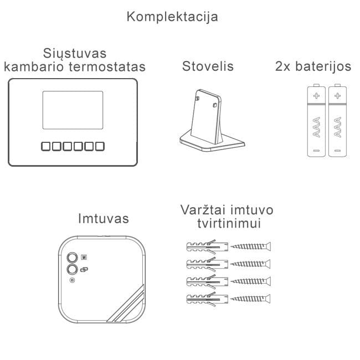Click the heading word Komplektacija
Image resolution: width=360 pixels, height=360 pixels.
tap(172, 17)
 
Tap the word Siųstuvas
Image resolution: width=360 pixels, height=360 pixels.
tap(75, 54)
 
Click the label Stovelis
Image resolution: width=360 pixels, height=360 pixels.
tap(208, 66)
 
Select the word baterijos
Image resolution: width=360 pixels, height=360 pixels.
tap(323, 66)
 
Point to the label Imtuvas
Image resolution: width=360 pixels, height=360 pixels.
tap(104, 218)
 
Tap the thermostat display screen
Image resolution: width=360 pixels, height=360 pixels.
tap(73, 110)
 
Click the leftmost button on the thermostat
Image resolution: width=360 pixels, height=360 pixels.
tap(45, 146)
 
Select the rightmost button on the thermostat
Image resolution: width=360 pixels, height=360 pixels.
tap(100, 146)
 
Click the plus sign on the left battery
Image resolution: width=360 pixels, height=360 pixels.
tap(316, 95)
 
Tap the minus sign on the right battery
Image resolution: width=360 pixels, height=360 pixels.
tap(337, 151)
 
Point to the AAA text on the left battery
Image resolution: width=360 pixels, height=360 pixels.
tap(317, 127)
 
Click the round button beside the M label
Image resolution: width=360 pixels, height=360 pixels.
tap(73, 258)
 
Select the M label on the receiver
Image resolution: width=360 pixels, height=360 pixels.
tap(84, 258)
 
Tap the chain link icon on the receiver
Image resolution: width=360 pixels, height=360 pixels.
tap(84, 269)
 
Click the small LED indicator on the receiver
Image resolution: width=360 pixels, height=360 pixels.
tap(73, 280)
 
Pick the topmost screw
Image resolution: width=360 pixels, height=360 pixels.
tap(251, 246)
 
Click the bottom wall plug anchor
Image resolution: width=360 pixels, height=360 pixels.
tap(207, 299)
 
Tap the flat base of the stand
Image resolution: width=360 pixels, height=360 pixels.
tap(212, 143)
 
